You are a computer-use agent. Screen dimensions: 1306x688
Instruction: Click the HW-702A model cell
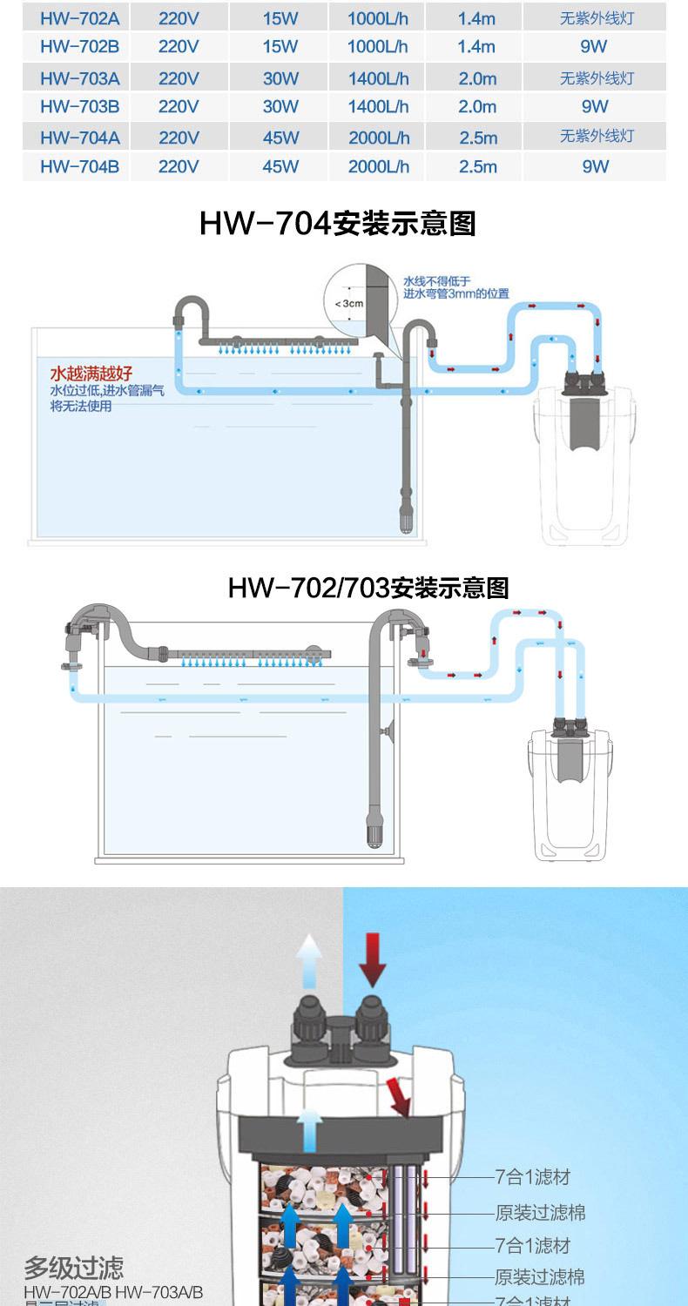(x=79, y=18)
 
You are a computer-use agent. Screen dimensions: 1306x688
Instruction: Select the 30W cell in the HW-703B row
(x=280, y=107)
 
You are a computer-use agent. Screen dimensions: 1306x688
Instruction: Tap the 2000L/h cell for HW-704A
(x=379, y=138)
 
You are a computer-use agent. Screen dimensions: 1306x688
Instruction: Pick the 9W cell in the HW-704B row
(x=596, y=165)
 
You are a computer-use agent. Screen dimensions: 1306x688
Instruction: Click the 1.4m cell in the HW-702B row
(x=476, y=47)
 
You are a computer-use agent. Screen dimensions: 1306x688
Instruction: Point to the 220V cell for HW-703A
(x=179, y=78)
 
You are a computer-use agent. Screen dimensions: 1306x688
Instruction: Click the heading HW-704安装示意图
(x=338, y=224)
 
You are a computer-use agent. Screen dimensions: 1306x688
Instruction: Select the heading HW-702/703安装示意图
(x=368, y=588)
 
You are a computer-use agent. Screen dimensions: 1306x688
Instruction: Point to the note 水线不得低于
(x=436, y=281)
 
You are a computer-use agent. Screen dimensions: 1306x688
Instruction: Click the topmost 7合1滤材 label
(x=532, y=1177)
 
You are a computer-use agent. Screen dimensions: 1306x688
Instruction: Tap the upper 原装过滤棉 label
(x=540, y=1212)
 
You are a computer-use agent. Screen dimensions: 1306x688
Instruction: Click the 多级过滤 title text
(x=74, y=1268)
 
